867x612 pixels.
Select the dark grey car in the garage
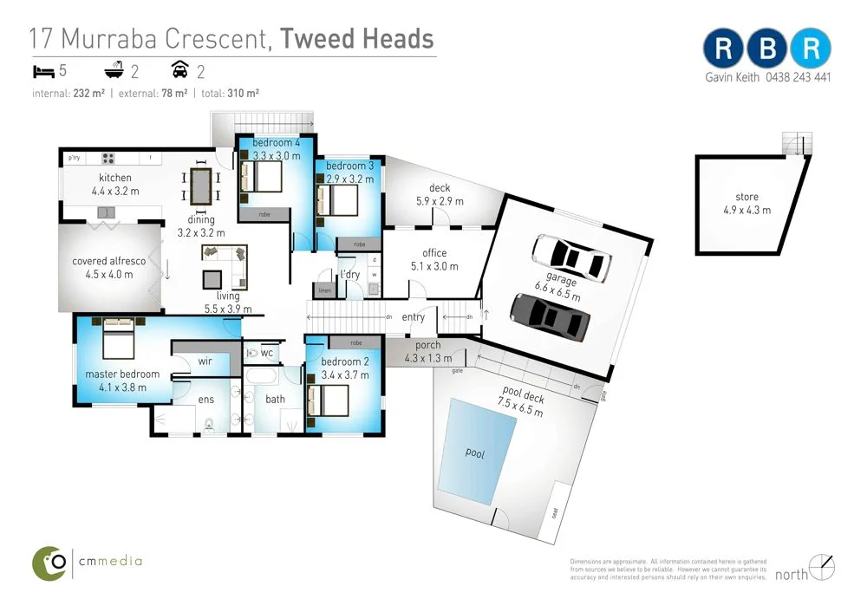pos(550,316)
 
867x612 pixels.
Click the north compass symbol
pos(824,567)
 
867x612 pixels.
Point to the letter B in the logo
pos(767,49)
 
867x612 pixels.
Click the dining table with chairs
pos(200,186)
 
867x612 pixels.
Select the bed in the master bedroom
pos(119,339)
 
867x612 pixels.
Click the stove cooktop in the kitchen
pos(110,159)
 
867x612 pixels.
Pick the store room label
pos(746,203)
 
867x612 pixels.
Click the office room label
pos(434,259)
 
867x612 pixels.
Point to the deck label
pos(440,194)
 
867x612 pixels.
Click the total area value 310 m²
pos(244,93)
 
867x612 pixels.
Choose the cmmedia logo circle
pos(49,563)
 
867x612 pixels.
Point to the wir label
pos(205,361)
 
